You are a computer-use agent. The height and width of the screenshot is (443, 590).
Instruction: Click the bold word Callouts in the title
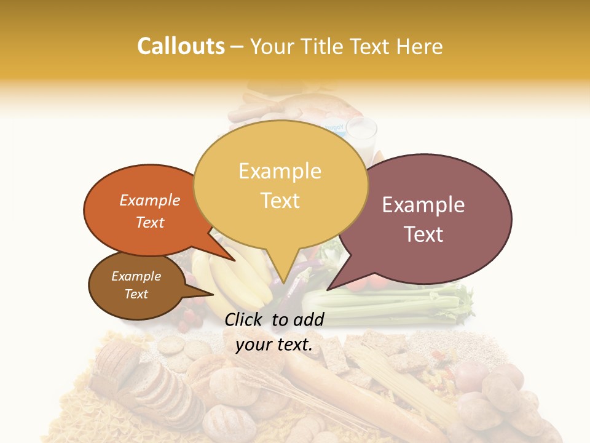click(x=181, y=46)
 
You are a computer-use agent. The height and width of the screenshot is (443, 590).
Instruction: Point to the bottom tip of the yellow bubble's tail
click(x=283, y=284)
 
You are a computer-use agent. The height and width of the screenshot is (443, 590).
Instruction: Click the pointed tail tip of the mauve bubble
click(x=328, y=289)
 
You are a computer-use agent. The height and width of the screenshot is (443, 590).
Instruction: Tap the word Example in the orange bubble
click(x=150, y=200)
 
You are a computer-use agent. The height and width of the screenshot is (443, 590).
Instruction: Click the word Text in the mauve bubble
click(x=423, y=234)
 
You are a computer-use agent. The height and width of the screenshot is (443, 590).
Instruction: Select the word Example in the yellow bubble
click(x=280, y=170)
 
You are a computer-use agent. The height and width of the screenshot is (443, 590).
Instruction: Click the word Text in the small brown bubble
click(x=136, y=294)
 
